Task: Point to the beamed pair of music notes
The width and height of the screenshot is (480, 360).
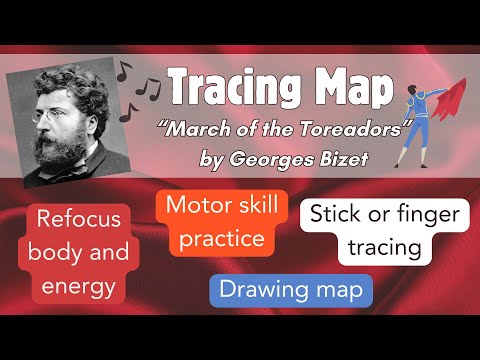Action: tap(148, 86)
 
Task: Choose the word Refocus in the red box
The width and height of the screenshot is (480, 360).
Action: tap(81, 219)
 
